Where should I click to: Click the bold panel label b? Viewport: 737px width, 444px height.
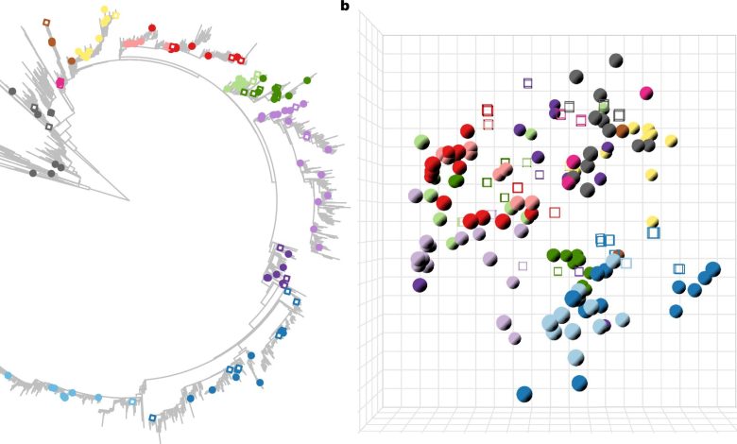[345, 7]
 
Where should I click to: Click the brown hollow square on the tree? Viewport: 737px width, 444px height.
[46, 23]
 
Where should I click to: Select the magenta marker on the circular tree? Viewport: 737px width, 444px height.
[60, 83]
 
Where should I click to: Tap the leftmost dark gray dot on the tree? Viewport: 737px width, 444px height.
[11, 92]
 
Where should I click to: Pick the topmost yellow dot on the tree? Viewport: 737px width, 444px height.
[104, 10]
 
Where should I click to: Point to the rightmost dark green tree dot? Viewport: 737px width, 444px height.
[307, 80]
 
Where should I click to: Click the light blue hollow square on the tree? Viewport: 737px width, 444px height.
[131, 401]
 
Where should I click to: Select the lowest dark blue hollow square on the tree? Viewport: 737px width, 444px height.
[152, 418]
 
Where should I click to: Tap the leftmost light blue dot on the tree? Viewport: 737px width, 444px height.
[9, 376]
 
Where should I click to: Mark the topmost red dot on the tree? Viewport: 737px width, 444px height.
[152, 28]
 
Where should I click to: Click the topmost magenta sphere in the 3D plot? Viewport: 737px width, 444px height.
[646, 93]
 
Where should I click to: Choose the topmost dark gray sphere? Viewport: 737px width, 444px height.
[616, 60]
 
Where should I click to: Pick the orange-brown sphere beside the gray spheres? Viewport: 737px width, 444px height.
[622, 131]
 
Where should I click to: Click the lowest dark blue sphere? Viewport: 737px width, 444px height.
[524, 394]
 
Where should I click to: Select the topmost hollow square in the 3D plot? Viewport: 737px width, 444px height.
[527, 83]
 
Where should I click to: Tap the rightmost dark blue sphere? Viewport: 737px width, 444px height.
[712, 269]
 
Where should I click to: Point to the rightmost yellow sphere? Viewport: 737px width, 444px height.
[671, 141]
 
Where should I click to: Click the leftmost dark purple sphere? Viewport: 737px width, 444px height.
[420, 284]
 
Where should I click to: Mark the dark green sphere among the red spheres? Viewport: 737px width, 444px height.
[455, 180]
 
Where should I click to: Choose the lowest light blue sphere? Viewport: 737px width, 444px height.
[575, 358]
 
